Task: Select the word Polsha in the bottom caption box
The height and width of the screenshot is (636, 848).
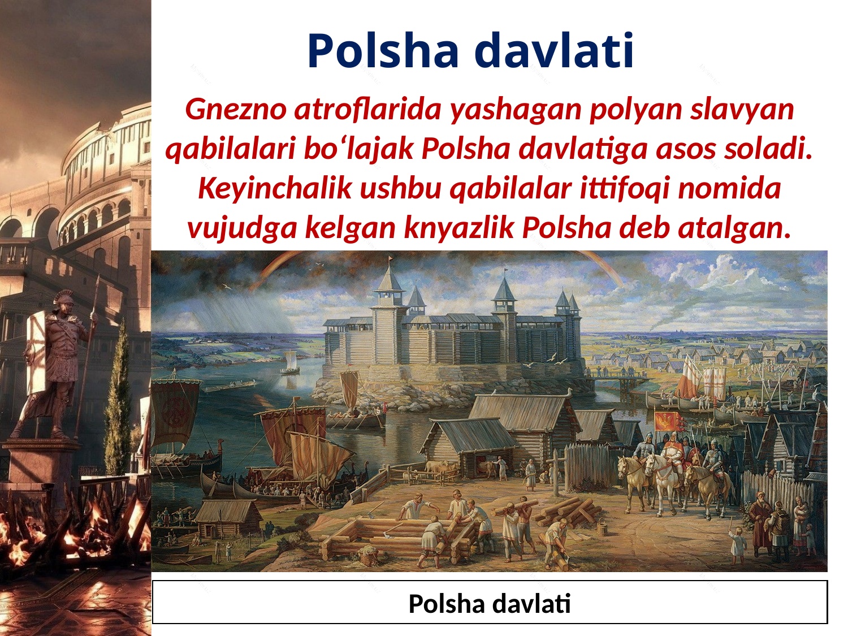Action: (x=440, y=604)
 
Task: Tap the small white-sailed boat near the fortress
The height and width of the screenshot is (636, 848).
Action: (x=290, y=362)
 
